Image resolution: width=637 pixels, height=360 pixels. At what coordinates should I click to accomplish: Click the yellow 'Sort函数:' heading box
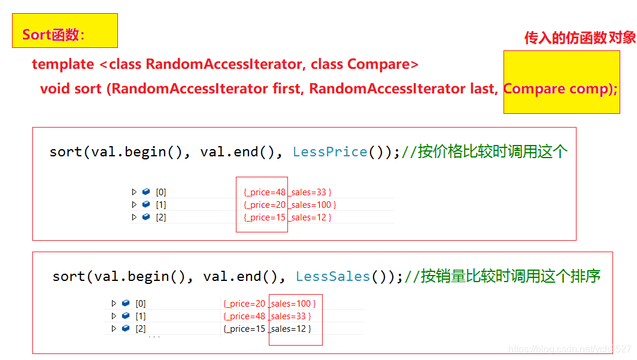65,31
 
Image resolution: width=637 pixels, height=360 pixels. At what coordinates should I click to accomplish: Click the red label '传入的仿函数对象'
580,38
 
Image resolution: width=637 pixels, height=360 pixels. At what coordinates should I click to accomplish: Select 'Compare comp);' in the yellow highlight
560,89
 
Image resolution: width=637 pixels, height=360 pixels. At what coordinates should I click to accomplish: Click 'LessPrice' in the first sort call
330,152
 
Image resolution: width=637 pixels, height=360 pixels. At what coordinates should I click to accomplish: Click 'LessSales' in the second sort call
333,277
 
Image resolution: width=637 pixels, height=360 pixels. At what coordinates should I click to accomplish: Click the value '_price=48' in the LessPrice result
265,192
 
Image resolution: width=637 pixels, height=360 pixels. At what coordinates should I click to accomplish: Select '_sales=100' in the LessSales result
292,304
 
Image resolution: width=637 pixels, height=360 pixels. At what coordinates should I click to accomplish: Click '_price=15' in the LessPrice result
265,217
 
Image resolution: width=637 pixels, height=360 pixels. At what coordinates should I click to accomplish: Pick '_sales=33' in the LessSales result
290,316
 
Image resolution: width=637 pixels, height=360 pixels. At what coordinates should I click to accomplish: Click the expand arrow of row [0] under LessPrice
134,192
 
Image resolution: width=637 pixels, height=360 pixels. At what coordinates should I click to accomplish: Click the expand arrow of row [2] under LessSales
114,329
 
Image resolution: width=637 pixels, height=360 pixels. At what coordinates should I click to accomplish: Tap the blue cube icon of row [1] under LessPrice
146,205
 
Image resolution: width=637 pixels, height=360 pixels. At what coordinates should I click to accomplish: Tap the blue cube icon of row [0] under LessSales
126,304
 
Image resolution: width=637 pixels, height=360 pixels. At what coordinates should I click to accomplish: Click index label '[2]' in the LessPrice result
160,217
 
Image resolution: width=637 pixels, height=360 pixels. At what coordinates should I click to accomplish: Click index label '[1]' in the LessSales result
140,316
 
